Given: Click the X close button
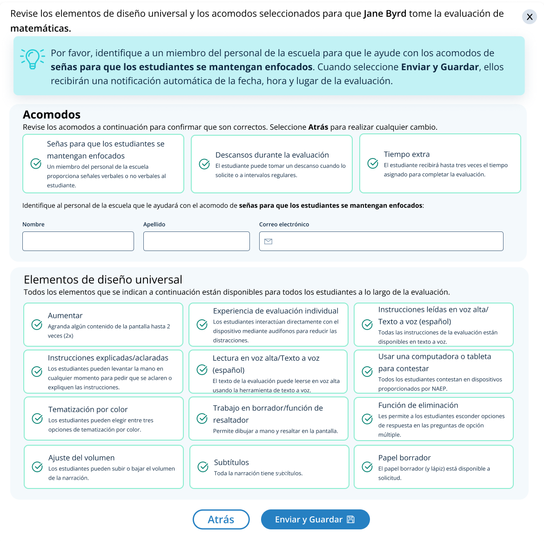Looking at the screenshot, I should point(530,17).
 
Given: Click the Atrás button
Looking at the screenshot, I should point(221,520).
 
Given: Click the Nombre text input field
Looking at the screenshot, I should point(78,241).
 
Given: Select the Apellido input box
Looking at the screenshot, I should point(196,241).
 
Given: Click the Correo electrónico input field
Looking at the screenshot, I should point(386,241).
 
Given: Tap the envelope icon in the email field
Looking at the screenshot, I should point(268,241).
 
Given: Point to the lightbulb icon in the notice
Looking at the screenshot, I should point(33,59).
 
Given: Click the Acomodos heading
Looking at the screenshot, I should point(52,115).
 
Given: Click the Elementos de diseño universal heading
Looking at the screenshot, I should point(103,280).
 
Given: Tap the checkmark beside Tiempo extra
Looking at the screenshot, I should point(373,163).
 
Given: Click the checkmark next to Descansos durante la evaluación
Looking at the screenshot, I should point(204,164).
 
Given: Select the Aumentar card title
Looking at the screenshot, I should point(65,316).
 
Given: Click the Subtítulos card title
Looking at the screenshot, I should point(231,462).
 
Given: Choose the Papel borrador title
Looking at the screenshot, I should point(404,458).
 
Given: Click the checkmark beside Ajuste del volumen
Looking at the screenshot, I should point(37,467).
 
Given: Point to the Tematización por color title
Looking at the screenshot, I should point(88,409).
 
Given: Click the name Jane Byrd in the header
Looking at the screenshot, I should point(385,13).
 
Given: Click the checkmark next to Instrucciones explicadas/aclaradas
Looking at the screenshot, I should point(37,371).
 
